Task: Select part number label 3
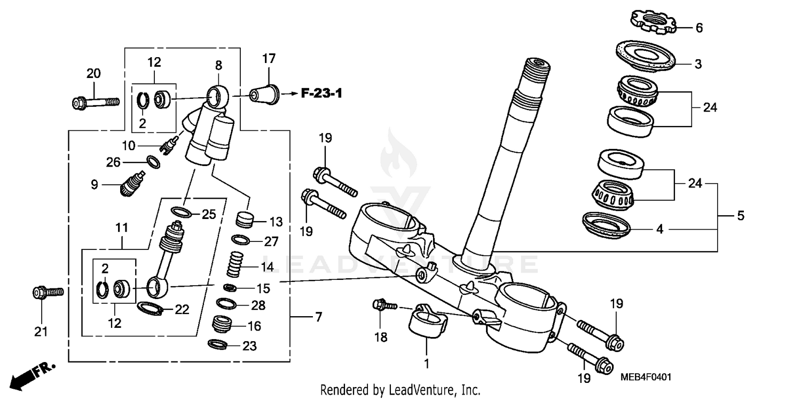coord(698,65)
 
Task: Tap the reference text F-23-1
coord(321,94)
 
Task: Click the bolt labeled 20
coord(95,101)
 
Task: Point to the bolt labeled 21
coord(48,292)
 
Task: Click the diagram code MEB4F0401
coord(646,378)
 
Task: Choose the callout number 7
coord(318,317)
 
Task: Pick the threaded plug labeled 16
coord(224,324)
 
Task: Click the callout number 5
coord(740,216)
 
